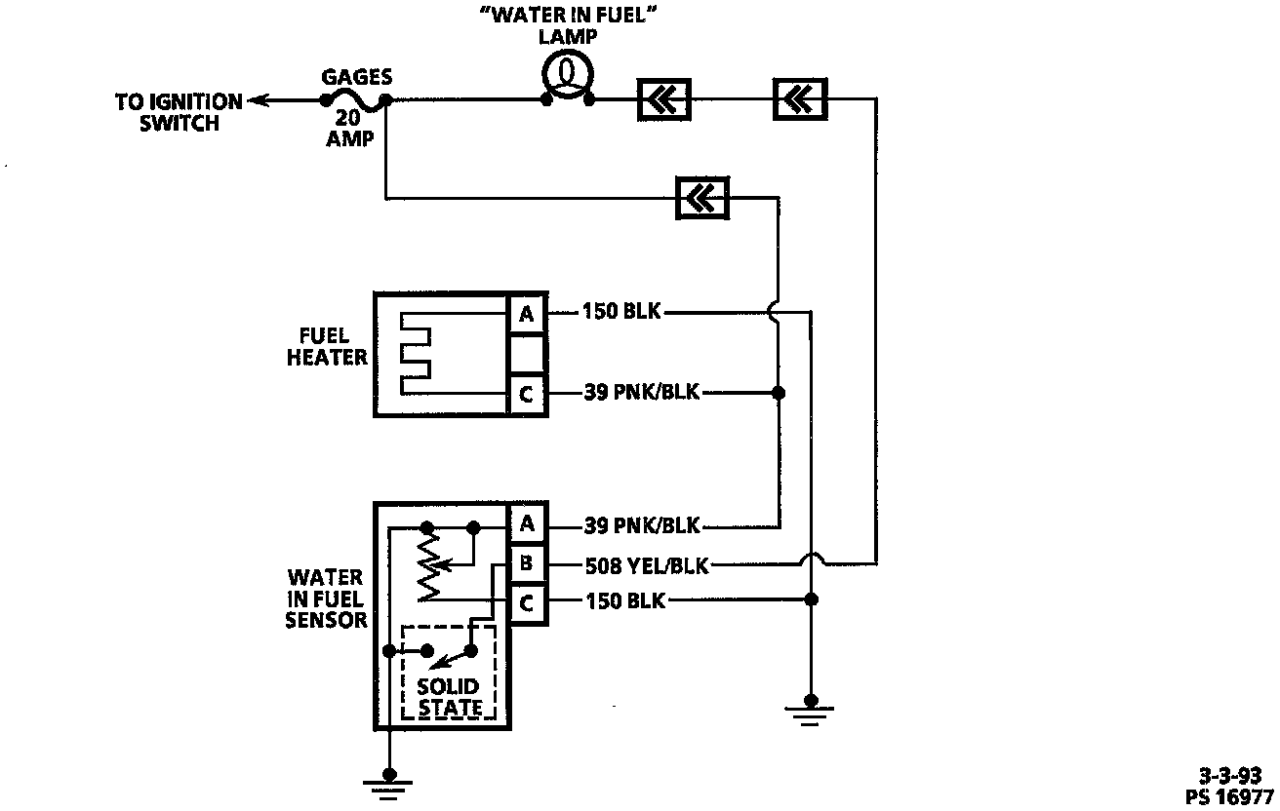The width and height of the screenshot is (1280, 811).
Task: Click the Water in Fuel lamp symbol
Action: (x=568, y=75)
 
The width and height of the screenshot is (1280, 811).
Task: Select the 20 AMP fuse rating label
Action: (x=350, y=129)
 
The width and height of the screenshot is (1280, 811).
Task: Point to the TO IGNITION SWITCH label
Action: (x=179, y=112)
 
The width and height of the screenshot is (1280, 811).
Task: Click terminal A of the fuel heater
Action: (x=527, y=314)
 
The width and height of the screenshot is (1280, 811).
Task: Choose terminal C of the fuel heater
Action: (x=527, y=395)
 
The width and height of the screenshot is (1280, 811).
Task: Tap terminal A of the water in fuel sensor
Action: (x=527, y=524)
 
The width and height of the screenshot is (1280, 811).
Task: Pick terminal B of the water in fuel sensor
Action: (x=527, y=563)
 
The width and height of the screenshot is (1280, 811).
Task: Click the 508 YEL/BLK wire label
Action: (x=647, y=564)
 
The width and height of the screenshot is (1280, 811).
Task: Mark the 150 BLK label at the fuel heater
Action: (x=621, y=313)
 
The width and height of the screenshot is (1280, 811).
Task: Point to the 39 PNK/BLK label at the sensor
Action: (x=642, y=525)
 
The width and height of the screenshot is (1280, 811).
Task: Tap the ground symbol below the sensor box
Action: (x=388, y=778)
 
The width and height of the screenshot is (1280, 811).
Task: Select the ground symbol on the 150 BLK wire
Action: (x=810, y=704)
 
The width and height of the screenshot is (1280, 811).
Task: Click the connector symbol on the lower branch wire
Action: (x=702, y=199)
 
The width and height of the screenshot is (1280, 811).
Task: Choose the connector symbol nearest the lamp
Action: (x=664, y=98)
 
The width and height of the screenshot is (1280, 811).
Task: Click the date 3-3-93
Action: (x=1229, y=776)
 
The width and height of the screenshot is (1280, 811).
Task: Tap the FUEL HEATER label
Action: (x=327, y=346)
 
